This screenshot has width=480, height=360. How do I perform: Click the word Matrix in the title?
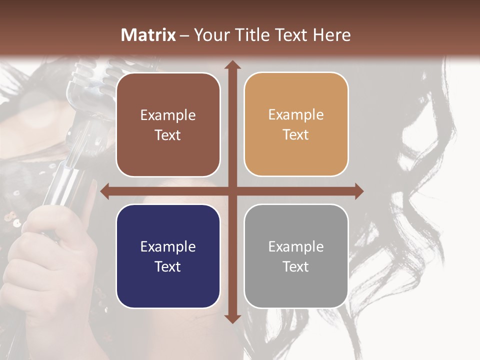tap(148, 35)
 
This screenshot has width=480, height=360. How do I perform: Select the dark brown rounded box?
tap(168, 124)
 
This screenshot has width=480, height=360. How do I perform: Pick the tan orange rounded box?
tap(296, 124)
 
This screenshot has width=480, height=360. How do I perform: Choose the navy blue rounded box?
tap(168, 256)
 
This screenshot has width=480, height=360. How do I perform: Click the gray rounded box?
tap(296, 256)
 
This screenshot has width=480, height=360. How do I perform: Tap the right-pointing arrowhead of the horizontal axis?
tap(358, 191)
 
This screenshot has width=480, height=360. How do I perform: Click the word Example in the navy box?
tap(168, 246)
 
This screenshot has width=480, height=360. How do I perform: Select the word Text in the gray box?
tap(296, 266)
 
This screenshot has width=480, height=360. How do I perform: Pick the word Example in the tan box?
tap(296, 115)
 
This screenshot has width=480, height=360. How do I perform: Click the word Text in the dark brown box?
tap(168, 135)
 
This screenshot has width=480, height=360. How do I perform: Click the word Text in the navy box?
tap(168, 266)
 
